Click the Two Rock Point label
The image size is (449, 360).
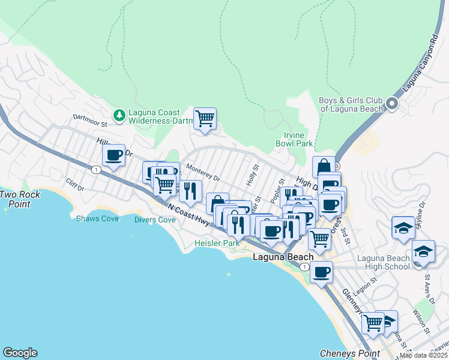pyautogui.click(x=20, y=199)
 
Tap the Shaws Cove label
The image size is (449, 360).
pyautogui.click(x=97, y=218)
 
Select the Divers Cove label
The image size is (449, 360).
pyautogui.click(x=154, y=220)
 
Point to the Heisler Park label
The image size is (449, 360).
pyautogui.click(x=217, y=243)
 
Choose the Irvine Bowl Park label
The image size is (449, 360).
pyautogui.click(x=294, y=140)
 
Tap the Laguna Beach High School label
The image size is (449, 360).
pyautogui.click(x=383, y=262)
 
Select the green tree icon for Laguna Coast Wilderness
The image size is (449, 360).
pyautogui.click(x=119, y=115)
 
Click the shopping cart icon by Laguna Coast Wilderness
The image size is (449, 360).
pyautogui.click(x=205, y=118)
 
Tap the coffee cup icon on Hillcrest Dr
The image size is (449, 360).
pyautogui.click(x=113, y=155)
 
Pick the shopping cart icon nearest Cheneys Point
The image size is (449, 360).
pyautogui.click(x=373, y=323)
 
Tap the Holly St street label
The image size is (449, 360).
pyautogui.click(x=253, y=175)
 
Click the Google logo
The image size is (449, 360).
pyautogui.click(x=20, y=353)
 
